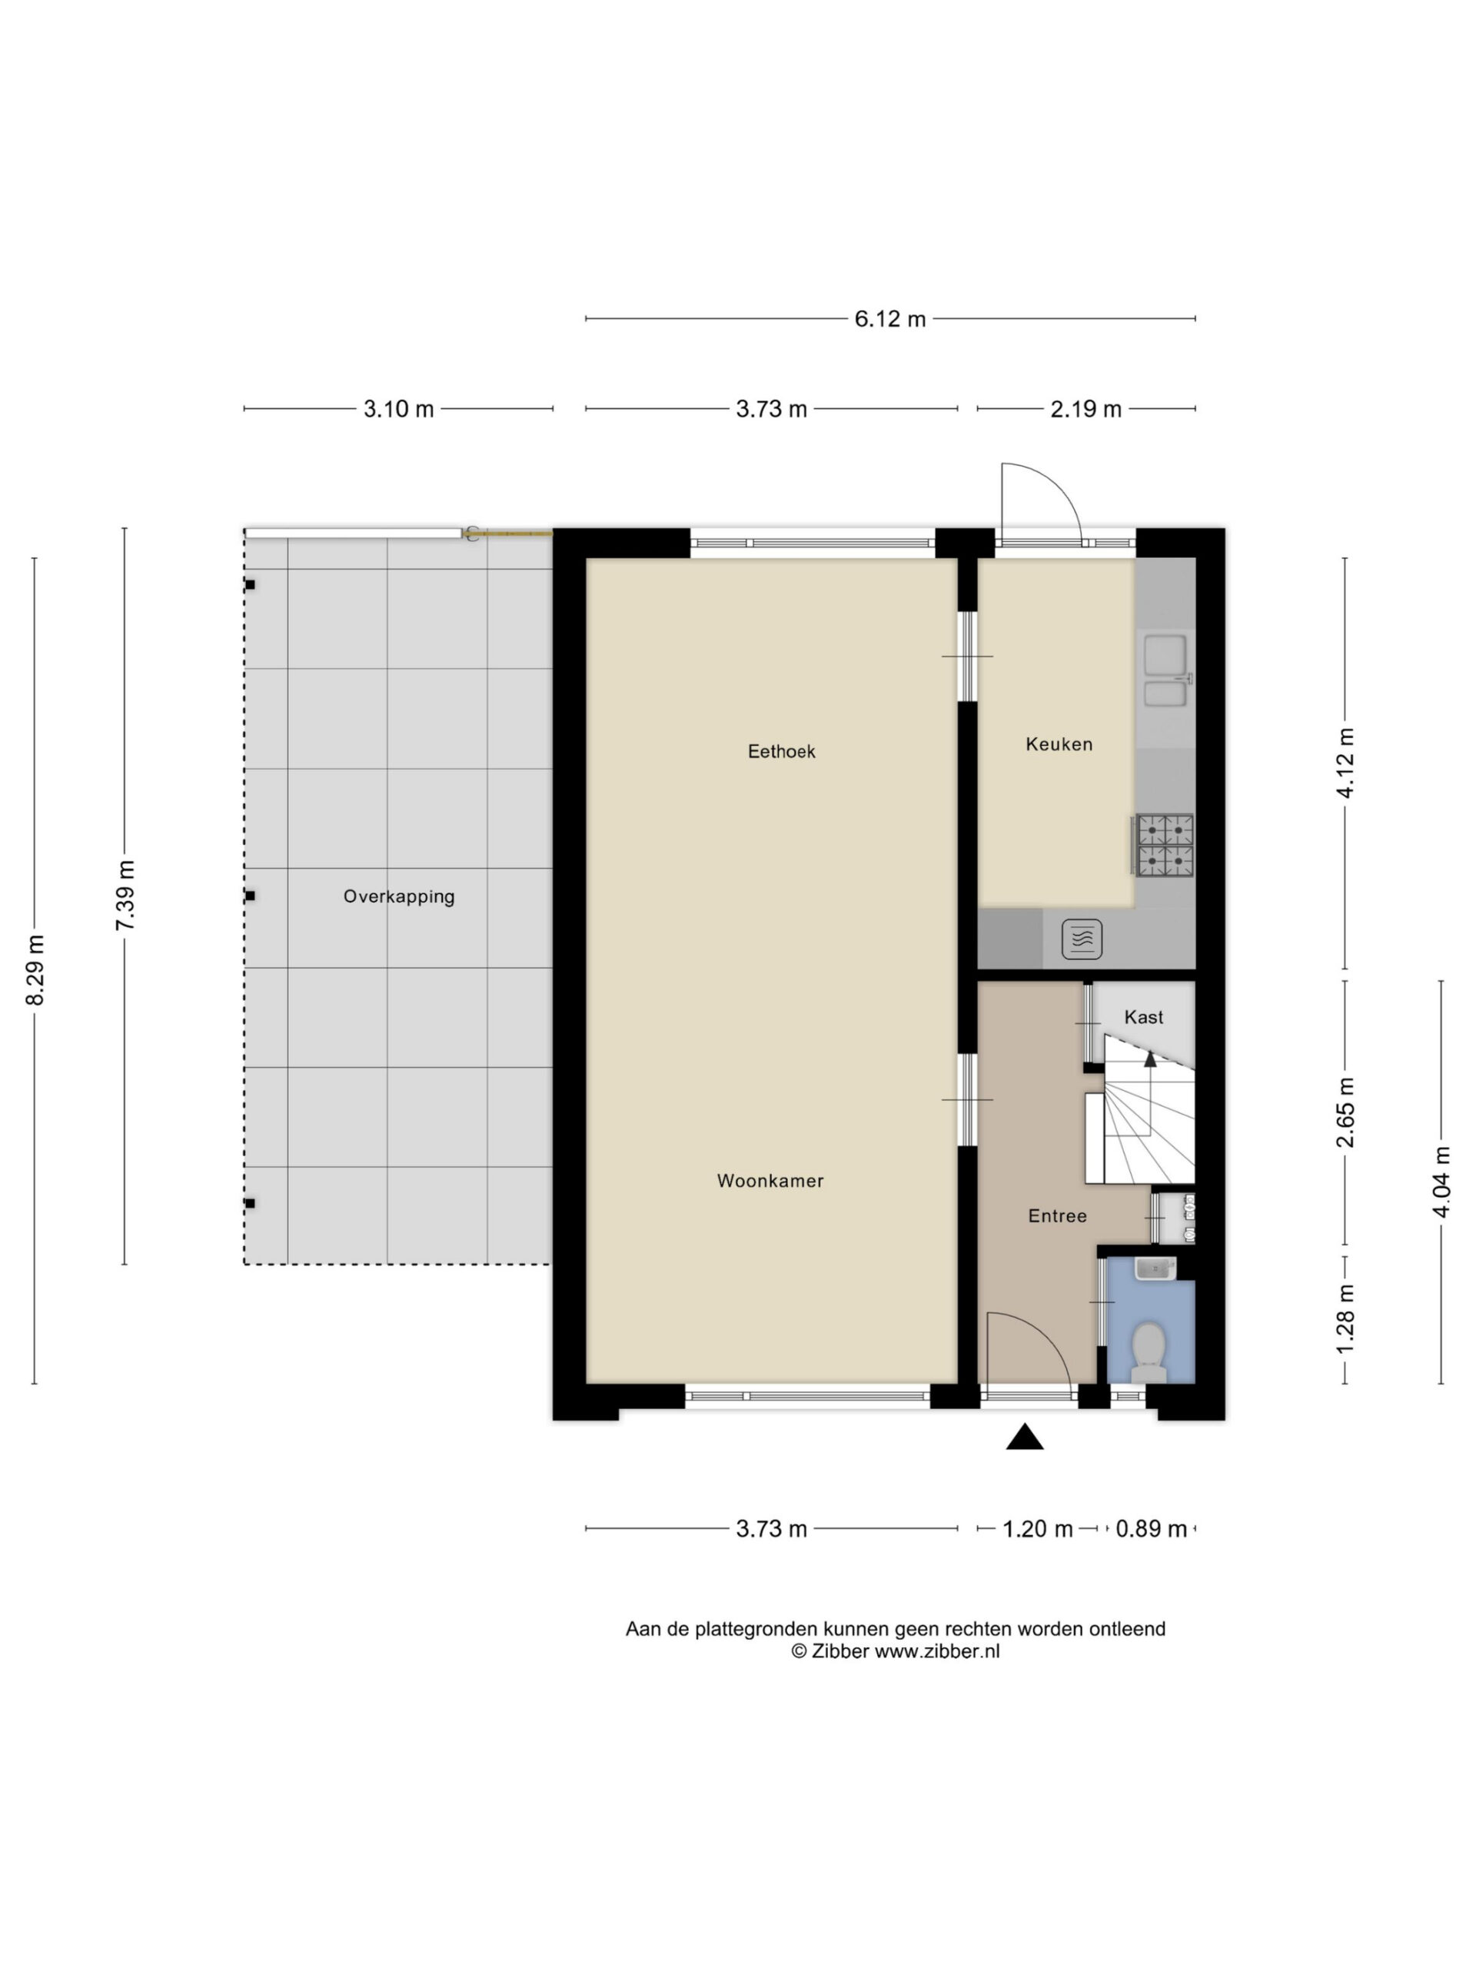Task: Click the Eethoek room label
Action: tap(781, 752)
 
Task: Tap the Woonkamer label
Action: tap(770, 1181)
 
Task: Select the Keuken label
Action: tap(1059, 745)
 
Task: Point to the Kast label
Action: tap(1143, 1017)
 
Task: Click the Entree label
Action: tap(1057, 1216)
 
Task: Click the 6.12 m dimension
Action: tap(889, 318)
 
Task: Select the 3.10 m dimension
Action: tap(398, 409)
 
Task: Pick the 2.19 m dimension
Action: tap(1085, 409)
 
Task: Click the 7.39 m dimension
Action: tap(125, 896)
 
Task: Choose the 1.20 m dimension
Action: tap(1037, 1529)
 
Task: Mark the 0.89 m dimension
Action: tap(1150, 1529)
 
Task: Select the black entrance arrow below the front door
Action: tap(1024, 1437)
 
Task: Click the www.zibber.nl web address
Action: tap(937, 1652)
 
